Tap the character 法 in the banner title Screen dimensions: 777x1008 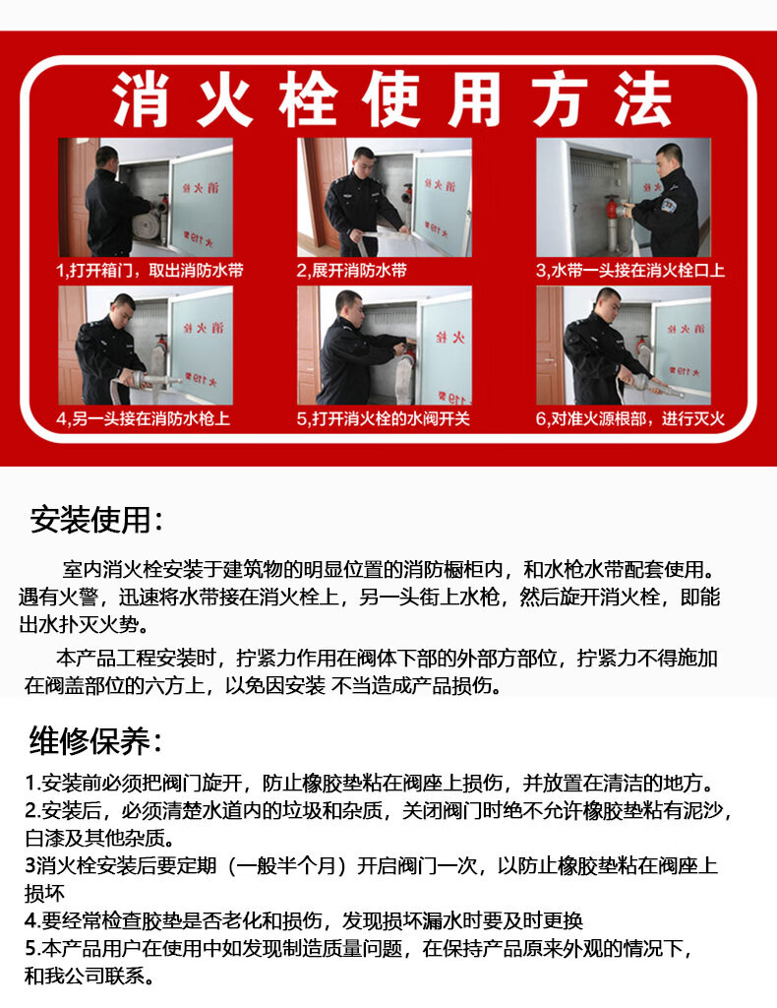tap(643, 99)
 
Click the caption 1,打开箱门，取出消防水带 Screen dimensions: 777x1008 tap(150, 270)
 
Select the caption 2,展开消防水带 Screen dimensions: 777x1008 tap(352, 270)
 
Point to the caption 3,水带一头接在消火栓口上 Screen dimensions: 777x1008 tap(630, 270)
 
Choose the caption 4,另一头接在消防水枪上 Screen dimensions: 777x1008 tap(144, 418)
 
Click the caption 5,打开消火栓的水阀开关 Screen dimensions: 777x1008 tap(384, 418)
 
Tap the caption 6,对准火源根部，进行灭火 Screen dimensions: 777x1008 tap(630, 418)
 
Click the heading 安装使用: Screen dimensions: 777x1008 tap(96, 520)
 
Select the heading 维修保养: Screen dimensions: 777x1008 tap(96, 740)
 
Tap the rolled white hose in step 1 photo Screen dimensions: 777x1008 tap(146, 220)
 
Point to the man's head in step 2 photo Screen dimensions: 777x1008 tap(363, 161)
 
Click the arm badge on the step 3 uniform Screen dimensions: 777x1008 tap(668, 205)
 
